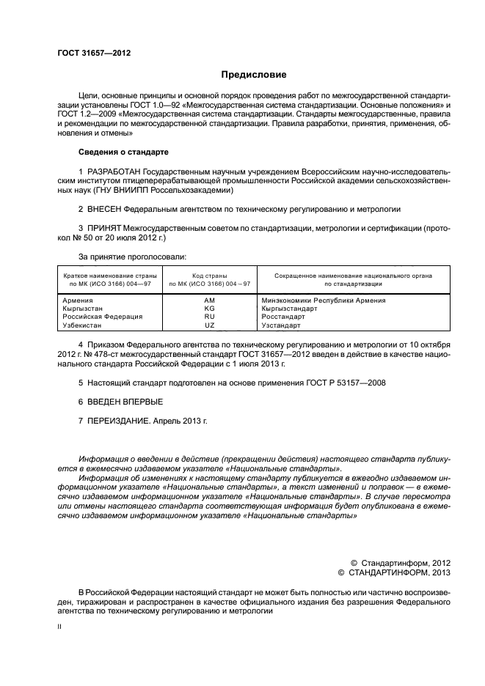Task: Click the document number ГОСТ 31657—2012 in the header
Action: coord(95,53)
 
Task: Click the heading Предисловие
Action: coord(254,75)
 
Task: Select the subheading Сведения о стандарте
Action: coord(123,152)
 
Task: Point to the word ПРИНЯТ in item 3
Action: coord(103,229)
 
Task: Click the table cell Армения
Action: coord(77,300)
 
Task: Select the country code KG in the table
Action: coord(209,309)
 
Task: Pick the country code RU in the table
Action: coord(209,317)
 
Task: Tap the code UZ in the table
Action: coord(209,325)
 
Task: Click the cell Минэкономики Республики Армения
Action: coord(323,300)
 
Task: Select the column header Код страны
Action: coord(209,276)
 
